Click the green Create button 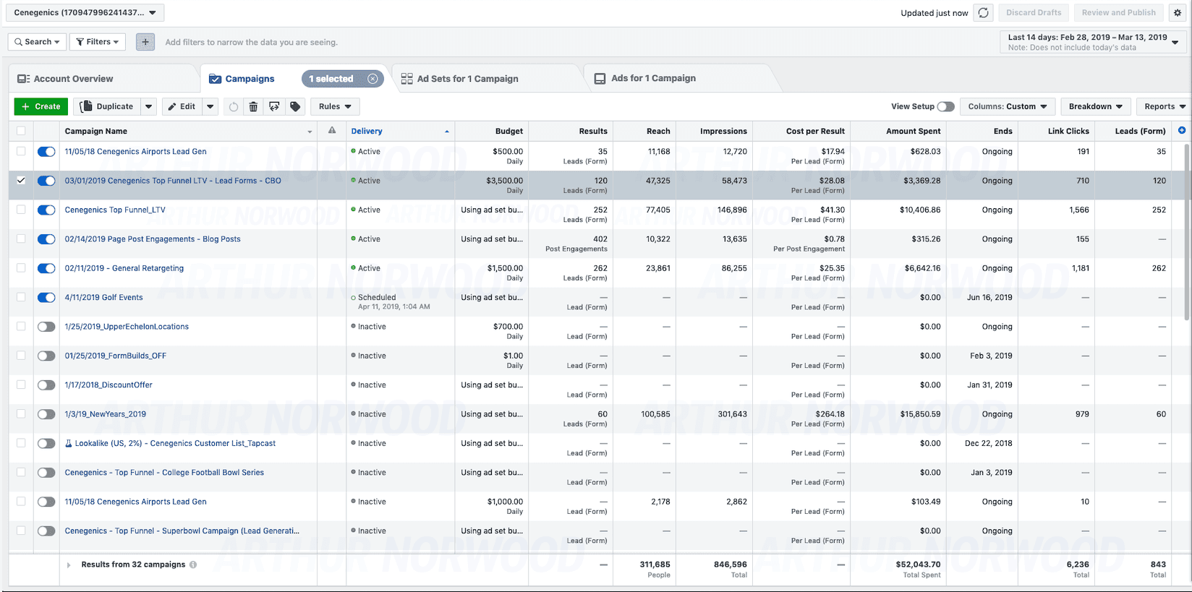41,106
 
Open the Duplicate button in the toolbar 107,106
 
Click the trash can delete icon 253,106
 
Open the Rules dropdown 335,106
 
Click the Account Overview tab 65,79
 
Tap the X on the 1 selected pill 372,79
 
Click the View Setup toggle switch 945,106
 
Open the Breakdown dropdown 1096,106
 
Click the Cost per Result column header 815,131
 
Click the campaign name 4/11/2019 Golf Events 103,297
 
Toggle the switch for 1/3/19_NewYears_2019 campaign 46,413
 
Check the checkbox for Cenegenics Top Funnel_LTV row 21,210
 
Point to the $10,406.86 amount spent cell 920,210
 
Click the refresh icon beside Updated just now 984,13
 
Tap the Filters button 98,42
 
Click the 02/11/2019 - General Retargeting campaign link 124,268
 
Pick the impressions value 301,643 732,413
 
